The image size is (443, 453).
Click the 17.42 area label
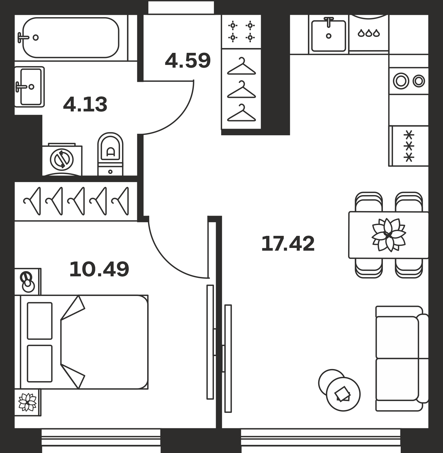[288, 244]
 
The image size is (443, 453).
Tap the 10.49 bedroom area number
[99, 269]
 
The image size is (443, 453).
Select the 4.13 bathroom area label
[85, 104]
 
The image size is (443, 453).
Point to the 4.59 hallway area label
[188, 60]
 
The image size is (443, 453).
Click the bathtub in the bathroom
[71, 37]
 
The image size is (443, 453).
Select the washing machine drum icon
[62, 159]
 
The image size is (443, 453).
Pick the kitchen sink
[328, 35]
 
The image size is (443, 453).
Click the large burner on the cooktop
[401, 81]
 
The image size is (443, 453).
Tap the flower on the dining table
[389, 235]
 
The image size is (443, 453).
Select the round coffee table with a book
[343, 394]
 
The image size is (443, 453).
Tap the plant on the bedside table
[27, 402]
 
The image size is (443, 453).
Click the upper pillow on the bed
[40, 321]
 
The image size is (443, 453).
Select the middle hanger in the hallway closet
[241, 90]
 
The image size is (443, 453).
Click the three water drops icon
[369, 33]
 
